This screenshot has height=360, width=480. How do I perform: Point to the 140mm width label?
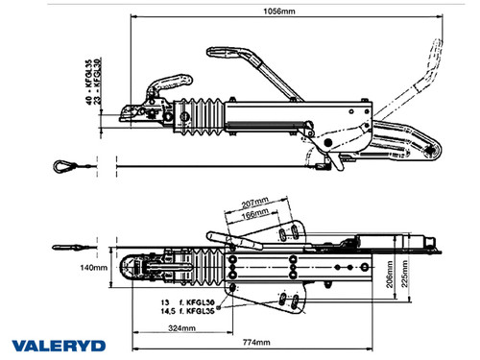(x=93, y=268)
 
